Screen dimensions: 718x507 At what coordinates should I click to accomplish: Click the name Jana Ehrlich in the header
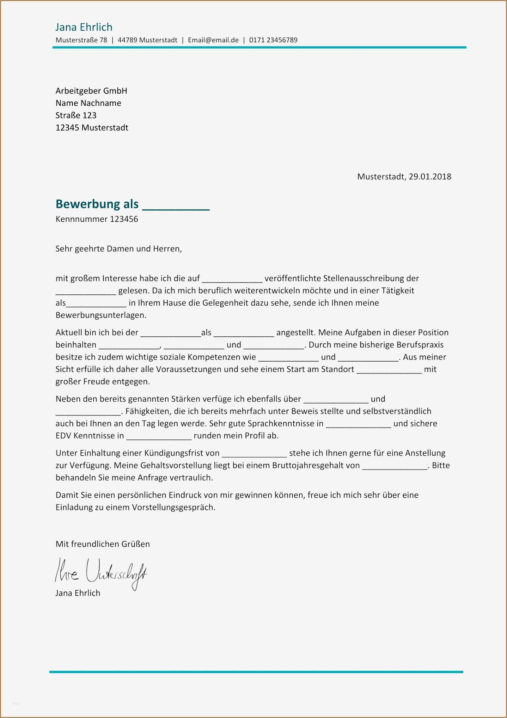coord(84,27)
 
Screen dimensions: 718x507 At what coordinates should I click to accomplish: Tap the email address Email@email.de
coord(213,40)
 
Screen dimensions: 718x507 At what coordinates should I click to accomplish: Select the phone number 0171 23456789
coord(273,40)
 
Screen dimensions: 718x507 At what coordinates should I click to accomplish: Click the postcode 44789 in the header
coord(127,40)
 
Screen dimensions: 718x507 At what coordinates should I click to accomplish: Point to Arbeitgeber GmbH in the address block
coord(91,91)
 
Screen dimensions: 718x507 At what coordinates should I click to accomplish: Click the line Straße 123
coord(76,115)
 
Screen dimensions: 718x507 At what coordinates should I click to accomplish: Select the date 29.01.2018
coord(430,176)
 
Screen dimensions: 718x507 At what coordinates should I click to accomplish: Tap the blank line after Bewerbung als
coord(176,207)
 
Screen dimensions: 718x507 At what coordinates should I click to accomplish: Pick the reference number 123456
coord(124,219)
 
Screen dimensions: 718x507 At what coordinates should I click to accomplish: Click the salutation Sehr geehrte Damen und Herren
coord(119,249)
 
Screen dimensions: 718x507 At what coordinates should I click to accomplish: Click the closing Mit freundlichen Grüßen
coord(102,544)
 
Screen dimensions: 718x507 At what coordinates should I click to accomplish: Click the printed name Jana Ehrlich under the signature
coord(78,593)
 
